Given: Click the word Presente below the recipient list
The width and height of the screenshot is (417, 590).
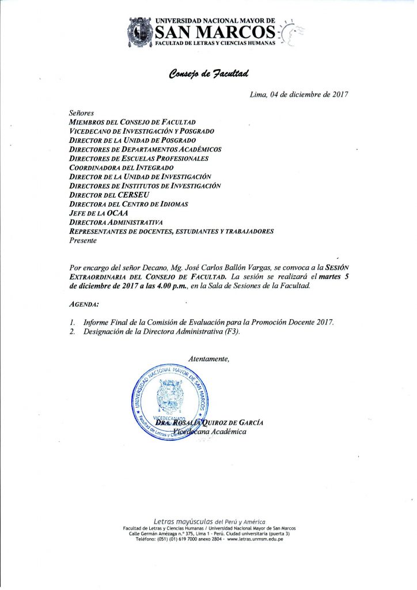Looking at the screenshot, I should point(83,241).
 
